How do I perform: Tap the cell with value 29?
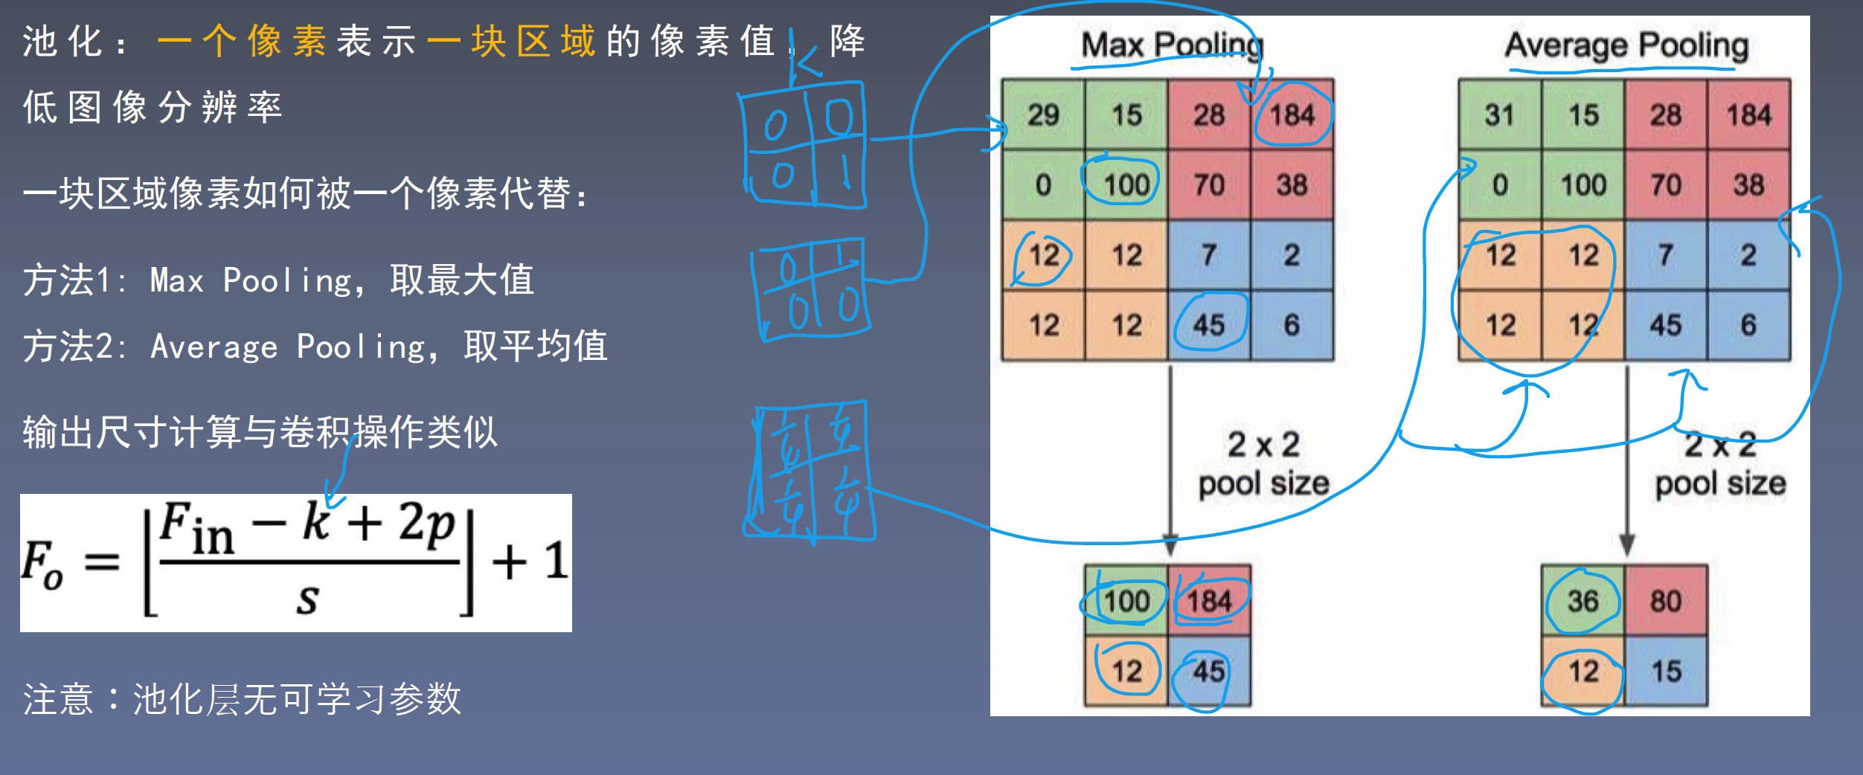(x=1043, y=115)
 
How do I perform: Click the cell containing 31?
(x=1499, y=115)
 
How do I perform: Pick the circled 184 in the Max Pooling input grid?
(x=1292, y=115)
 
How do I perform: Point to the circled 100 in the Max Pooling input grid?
(x=1126, y=184)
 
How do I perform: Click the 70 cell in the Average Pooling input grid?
(x=1665, y=184)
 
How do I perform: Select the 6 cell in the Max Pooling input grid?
(x=1292, y=325)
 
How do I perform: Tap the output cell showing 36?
(x=1583, y=601)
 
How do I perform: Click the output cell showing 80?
(x=1666, y=601)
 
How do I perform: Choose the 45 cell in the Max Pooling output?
(x=1209, y=671)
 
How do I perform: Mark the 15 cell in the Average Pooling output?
(x=1666, y=671)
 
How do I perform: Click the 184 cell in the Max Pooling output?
(x=1209, y=601)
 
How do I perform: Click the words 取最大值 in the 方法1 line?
(x=462, y=280)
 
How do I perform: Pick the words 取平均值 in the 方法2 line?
(x=536, y=346)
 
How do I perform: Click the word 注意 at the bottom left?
(x=58, y=699)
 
